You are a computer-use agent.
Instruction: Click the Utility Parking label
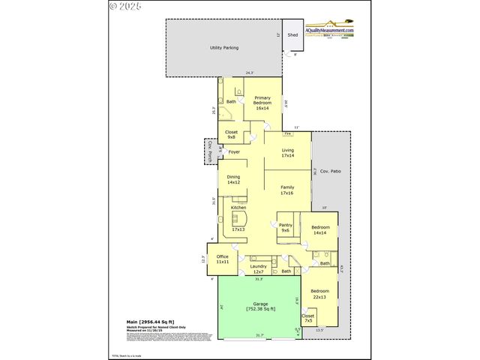[x=224, y=48]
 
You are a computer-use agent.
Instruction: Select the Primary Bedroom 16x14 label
[x=262, y=103]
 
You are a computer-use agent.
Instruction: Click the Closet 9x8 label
[x=232, y=134]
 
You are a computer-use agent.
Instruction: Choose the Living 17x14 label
[x=287, y=153]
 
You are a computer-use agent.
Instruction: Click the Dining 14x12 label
[x=233, y=180]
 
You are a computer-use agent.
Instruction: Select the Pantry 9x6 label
[x=285, y=227]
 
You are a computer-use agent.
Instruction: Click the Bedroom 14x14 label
[x=319, y=229]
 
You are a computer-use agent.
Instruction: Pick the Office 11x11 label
[x=222, y=259]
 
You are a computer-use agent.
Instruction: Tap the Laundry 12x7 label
[x=259, y=268]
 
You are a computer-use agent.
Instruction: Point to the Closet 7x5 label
[x=308, y=318]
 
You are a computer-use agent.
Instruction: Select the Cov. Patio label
[x=331, y=172]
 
